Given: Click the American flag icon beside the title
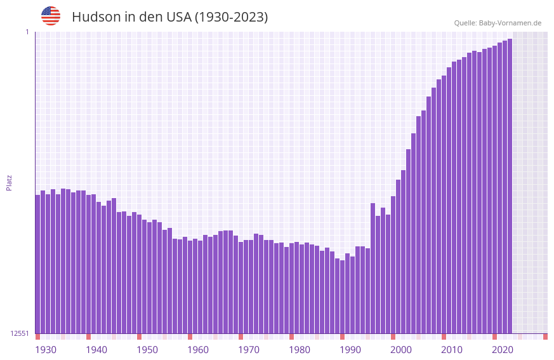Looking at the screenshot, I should pyautogui.click(x=51, y=16).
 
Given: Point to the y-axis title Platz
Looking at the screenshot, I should pyautogui.click(x=9, y=182).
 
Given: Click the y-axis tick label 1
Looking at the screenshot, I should pyautogui.click(x=27, y=32).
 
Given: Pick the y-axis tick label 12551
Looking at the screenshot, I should pyautogui.click(x=20, y=333).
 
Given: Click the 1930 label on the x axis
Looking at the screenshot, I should pyautogui.click(x=46, y=350).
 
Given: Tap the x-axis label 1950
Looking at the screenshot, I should pyautogui.click(x=147, y=350).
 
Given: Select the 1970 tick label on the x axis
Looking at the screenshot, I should pyautogui.click(x=249, y=350).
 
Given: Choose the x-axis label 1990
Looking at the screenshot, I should pyautogui.click(x=350, y=350).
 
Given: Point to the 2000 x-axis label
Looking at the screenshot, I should pyautogui.click(x=401, y=350).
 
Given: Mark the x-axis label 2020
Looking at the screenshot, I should pyautogui.click(x=503, y=350).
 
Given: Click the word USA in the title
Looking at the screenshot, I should pyautogui.click(x=178, y=17).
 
